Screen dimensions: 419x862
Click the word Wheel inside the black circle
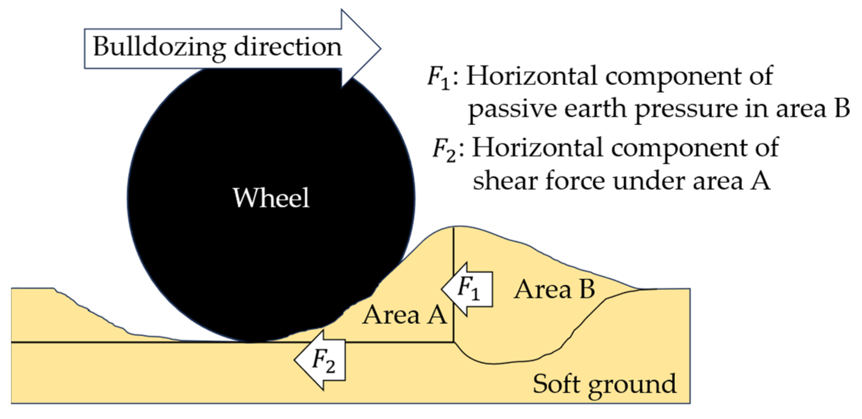pos(271,198)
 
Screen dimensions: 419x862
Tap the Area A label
pos(404,315)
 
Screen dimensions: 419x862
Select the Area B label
pos(554,289)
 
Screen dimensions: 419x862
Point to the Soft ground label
pos(604,384)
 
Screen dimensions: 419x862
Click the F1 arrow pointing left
pos(468,289)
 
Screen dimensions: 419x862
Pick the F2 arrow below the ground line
pos(320,360)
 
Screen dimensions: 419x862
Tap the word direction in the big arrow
pos(288,47)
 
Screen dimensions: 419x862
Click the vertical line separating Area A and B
pos(454,254)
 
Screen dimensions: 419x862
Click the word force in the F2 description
pos(574,181)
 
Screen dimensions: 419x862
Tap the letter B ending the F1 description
pos(842,108)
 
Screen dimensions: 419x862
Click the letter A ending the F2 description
pos(760,180)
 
